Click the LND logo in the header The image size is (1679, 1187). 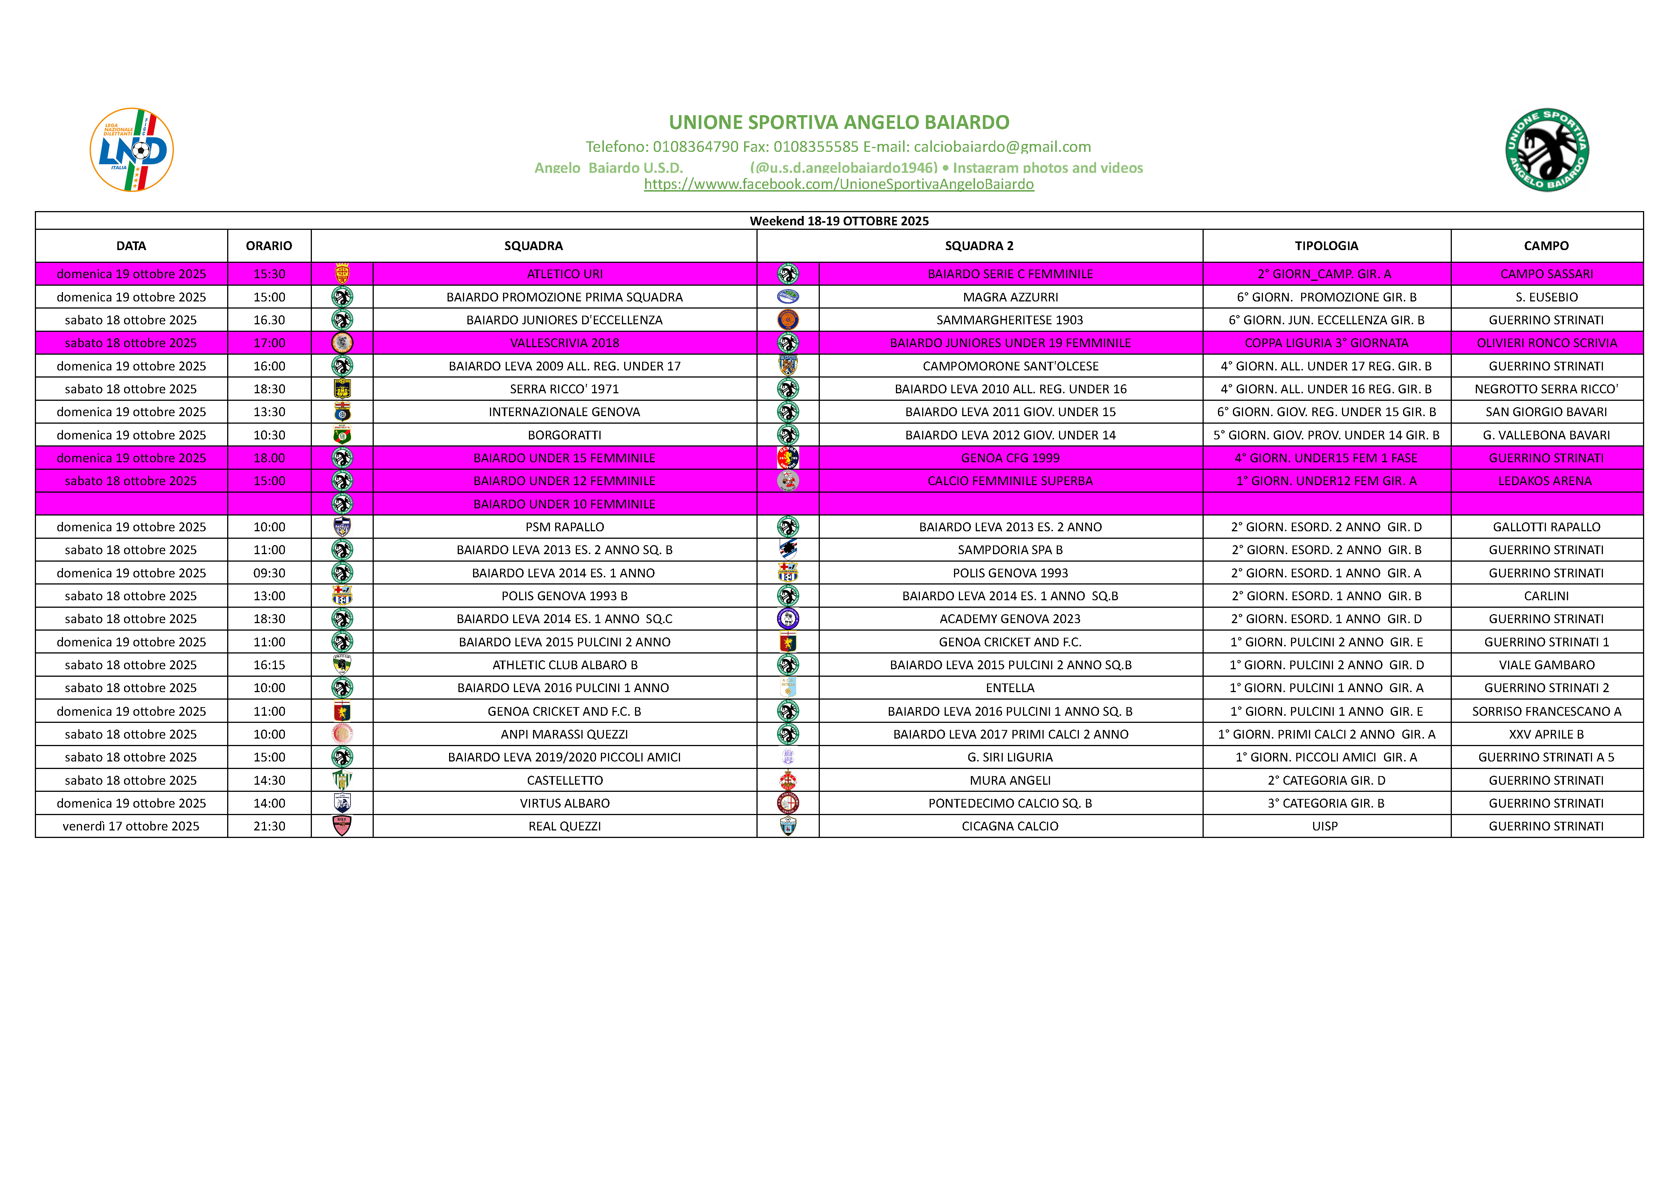pyautogui.click(x=132, y=150)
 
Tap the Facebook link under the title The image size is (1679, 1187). pyautogui.click(x=839, y=184)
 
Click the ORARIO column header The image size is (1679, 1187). pyautogui.click(x=269, y=246)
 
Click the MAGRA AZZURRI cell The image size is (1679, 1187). pyautogui.click(x=1010, y=297)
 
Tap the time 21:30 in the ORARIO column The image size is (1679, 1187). pyautogui.click(x=269, y=826)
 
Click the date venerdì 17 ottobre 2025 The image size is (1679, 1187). pyautogui.click(x=131, y=826)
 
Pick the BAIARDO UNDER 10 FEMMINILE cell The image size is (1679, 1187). pyautogui.click(x=565, y=504)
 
